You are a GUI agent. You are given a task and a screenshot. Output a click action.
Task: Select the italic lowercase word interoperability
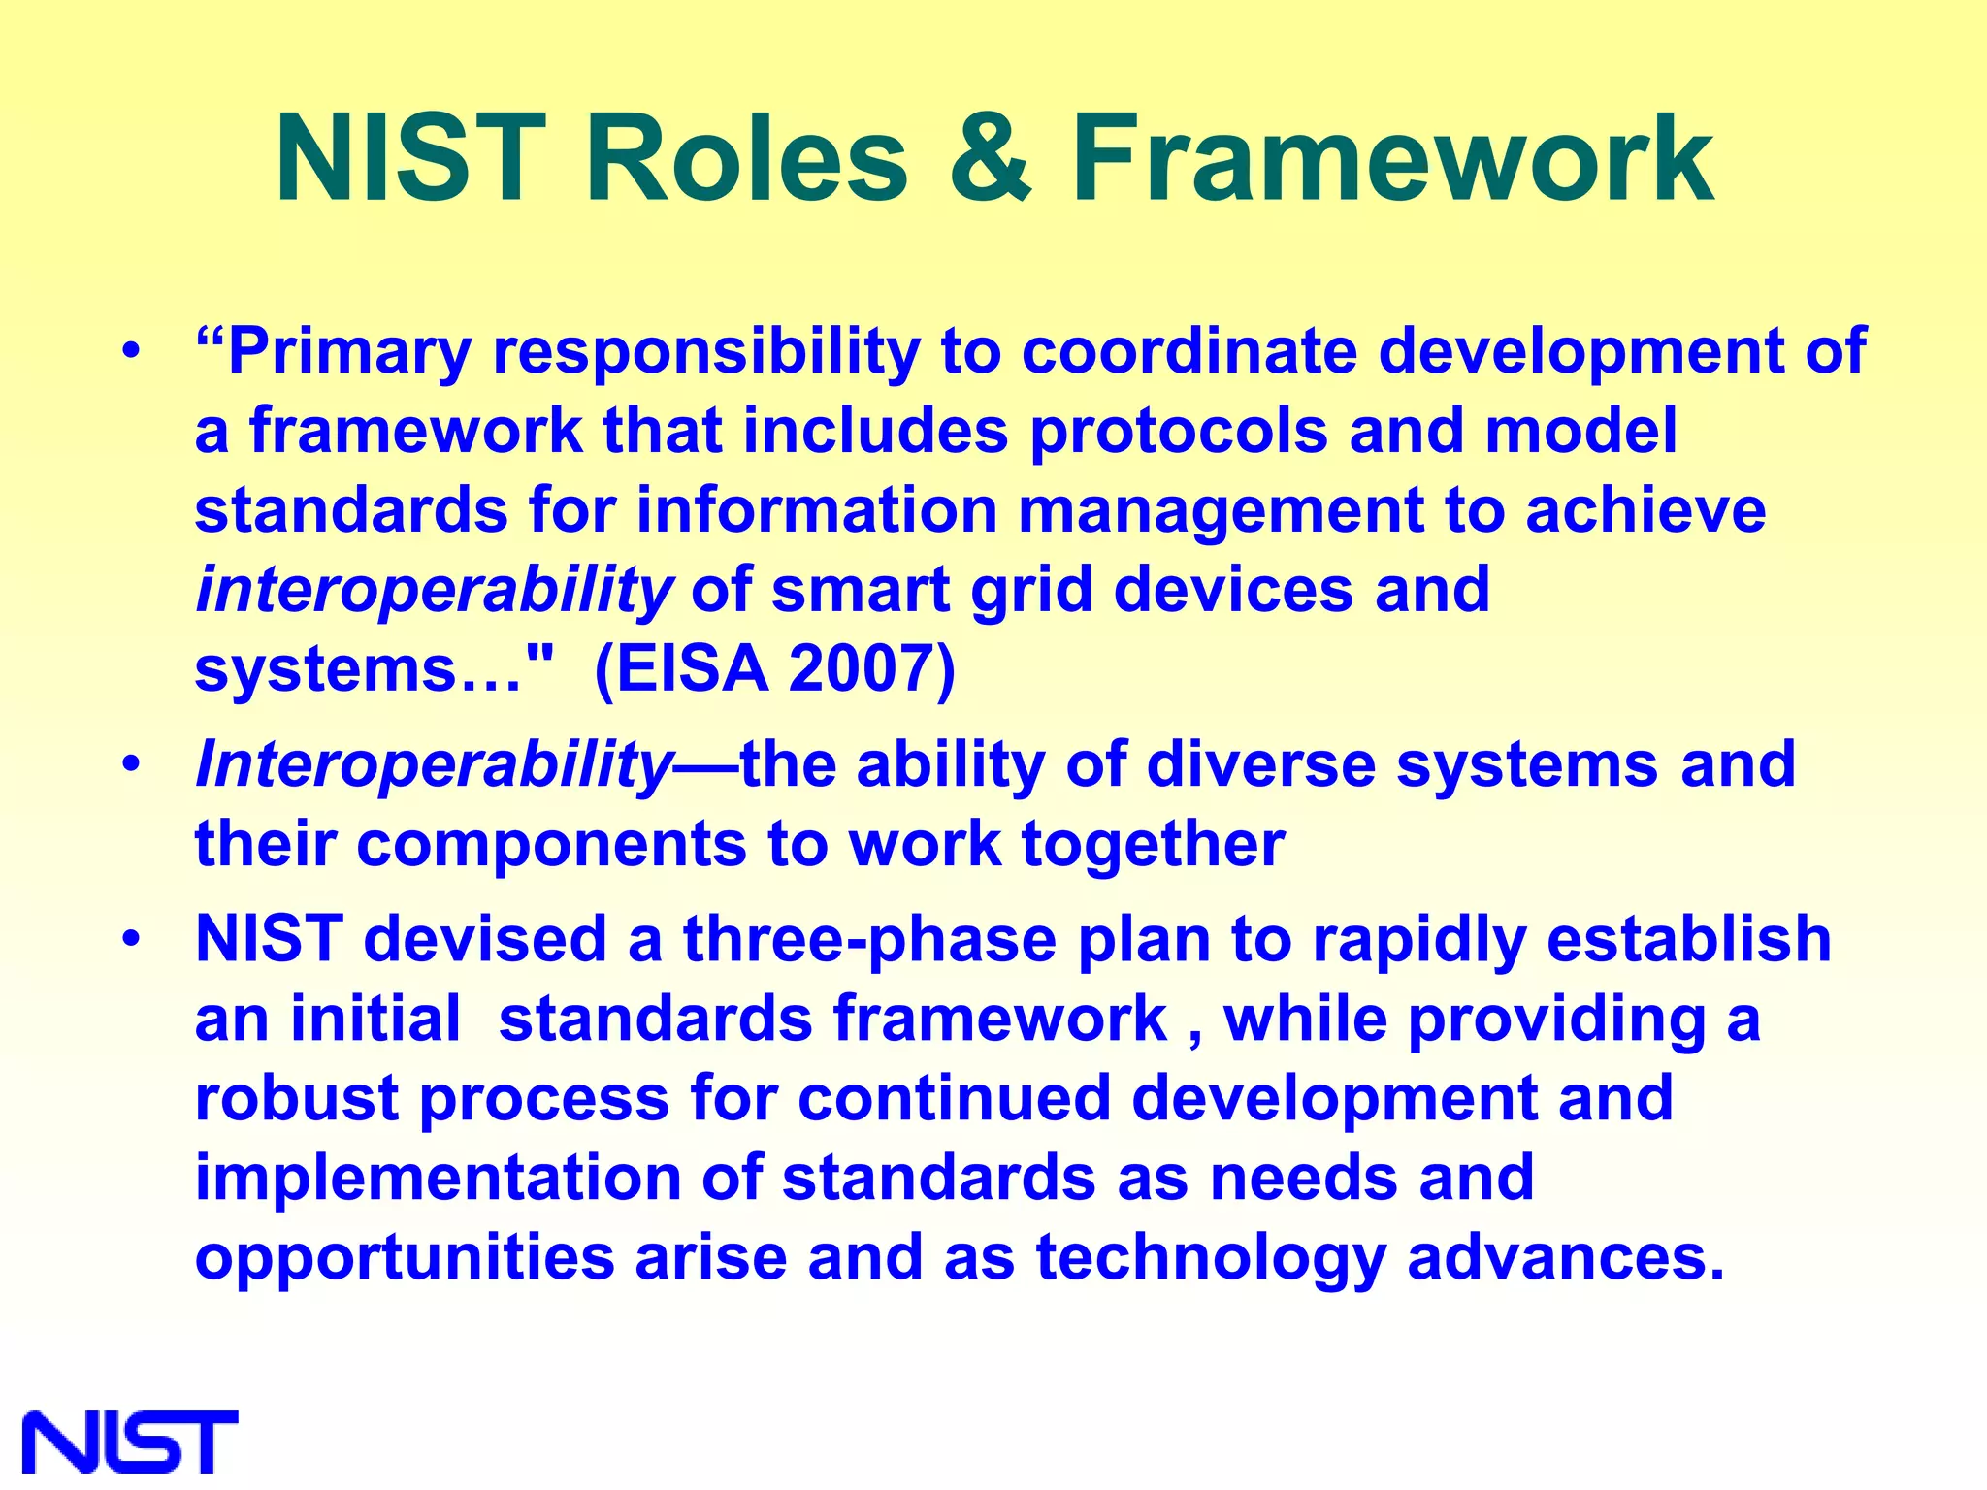(x=434, y=591)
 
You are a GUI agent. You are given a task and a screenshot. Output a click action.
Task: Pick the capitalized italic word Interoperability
(x=434, y=765)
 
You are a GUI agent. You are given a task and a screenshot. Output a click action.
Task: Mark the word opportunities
(x=405, y=1258)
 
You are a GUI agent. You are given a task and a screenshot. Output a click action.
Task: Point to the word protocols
(x=1178, y=432)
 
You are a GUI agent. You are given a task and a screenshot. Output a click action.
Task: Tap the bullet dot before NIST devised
(x=132, y=939)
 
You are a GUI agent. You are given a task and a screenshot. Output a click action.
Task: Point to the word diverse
(x=1260, y=765)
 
